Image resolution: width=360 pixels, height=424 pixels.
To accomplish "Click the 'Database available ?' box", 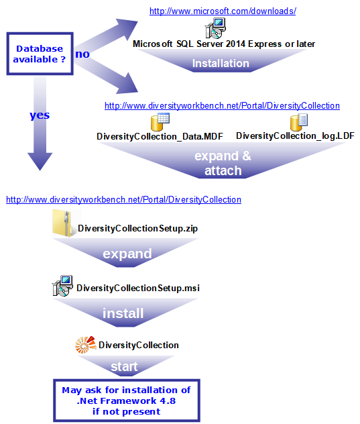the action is (40, 54).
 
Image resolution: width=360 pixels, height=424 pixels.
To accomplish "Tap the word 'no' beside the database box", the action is (82, 54).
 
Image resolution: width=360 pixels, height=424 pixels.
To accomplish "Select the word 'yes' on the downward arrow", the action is (40, 115).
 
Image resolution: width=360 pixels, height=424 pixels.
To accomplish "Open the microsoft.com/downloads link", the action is (223, 11).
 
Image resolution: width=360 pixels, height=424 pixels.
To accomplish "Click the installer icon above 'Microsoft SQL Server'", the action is (215, 28).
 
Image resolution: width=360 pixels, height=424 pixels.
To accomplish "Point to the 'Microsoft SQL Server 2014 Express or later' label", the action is (224, 44).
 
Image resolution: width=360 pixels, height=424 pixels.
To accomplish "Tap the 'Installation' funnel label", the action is (221, 63).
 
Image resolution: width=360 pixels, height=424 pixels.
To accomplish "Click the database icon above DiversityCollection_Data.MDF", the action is (160, 122).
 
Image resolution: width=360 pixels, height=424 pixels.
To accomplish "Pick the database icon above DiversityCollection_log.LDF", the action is (299, 122).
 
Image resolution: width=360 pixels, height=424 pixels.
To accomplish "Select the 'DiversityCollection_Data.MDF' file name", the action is (160, 136).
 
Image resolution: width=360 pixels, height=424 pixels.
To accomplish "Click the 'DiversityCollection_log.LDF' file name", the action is (295, 136).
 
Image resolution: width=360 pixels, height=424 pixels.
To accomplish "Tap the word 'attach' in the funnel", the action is (223, 171).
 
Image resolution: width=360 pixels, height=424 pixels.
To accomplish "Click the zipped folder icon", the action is (62, 223).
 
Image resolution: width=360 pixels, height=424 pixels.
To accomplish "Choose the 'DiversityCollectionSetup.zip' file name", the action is (137, 229).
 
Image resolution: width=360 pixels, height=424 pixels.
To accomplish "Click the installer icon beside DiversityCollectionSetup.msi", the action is (62, 286).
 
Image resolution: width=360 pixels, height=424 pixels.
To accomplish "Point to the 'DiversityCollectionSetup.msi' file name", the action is (138, 288).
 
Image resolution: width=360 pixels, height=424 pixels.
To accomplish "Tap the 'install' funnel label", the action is (123, 313).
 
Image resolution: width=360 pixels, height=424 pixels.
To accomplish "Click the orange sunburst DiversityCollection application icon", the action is (86, 345).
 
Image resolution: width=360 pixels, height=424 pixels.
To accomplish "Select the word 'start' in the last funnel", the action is (124, 367).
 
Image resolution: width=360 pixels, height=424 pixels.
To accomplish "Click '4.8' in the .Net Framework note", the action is (168, 401).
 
